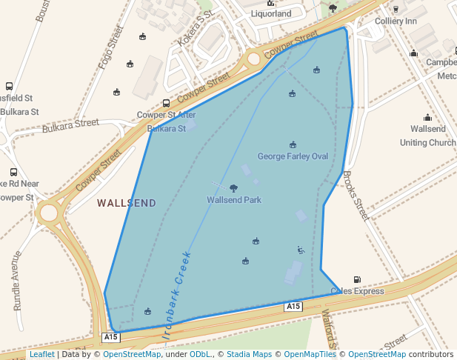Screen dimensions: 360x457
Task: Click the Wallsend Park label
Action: click(234, 200)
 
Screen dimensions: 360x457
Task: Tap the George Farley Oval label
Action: click(293, 156)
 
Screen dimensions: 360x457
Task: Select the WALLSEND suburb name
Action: click(127, 203)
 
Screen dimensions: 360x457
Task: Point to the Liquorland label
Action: click(270, 13)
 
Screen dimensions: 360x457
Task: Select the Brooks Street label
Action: click(356, 196)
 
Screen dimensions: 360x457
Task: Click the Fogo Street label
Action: click(109, 47)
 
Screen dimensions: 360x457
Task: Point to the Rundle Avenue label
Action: click(18, 280)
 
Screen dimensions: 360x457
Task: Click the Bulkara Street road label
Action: click(70, 126)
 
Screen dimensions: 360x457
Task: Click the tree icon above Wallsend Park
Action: click(234, 189)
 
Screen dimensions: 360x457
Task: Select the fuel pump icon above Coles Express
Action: click(357, 280)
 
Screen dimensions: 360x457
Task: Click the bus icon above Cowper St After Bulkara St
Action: click(166, 104)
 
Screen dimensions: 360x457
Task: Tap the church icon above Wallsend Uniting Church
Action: click(427, 117)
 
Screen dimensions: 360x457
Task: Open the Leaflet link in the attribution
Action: click(42, 355)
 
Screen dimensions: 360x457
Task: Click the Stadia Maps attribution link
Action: click(249, 355)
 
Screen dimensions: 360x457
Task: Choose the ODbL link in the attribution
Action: click(200, 355)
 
